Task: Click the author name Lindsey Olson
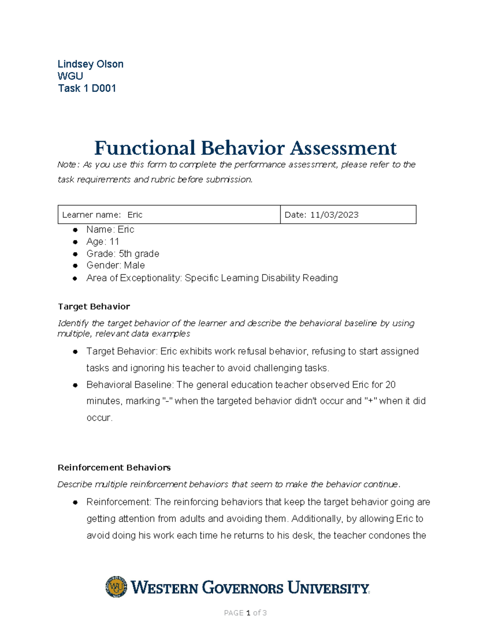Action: tap(90, 64)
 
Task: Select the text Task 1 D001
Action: tap(87, 88)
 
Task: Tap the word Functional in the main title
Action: tap(144, 148)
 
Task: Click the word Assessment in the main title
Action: tap(343, 148)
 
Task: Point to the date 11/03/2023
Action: tap(334, 215)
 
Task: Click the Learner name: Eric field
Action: tap(102, 215)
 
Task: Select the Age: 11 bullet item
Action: tap(102, 242)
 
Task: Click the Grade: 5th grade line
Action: tap(122, 254)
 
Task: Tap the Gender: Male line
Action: tap(115, 265)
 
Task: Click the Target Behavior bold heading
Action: tap(94, 307)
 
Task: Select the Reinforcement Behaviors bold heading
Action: tap(114, 467)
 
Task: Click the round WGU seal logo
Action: tap(116, 587)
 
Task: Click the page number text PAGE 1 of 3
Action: tap(245, 613)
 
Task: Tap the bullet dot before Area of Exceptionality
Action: tap(75, 278)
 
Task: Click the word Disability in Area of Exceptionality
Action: tap(280, 278)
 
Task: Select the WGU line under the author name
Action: tap(70, 76)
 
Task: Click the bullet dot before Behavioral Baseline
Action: tap(75, 385)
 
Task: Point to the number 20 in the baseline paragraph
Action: tap(390, 385)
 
